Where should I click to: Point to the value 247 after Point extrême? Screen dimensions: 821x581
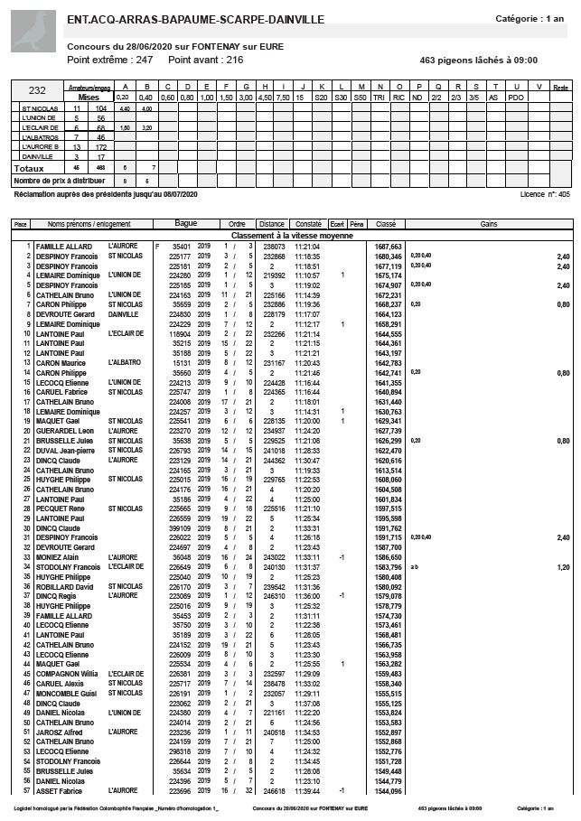pos(143,60)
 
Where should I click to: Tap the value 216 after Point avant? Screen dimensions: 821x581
pos(234,60)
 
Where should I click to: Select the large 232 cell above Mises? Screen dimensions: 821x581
pos(38,90)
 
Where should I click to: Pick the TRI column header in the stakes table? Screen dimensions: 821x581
pos(380,97)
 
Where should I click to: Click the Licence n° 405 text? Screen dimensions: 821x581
pos(545,194)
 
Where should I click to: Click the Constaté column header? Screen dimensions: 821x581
pos(308,223)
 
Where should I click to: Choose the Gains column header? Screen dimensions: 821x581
pos(489,223)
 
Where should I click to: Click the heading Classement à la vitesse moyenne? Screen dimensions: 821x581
pos(290,235)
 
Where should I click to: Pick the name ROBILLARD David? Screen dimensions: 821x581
pos(65,587)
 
